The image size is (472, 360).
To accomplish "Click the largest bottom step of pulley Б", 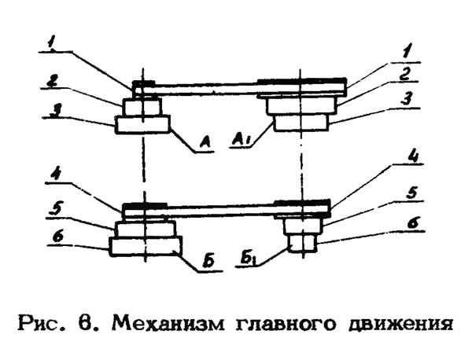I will click(145, 246).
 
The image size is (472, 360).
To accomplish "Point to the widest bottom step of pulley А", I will click(142, 123).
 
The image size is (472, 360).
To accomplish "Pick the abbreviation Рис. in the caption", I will click(45, 322).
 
